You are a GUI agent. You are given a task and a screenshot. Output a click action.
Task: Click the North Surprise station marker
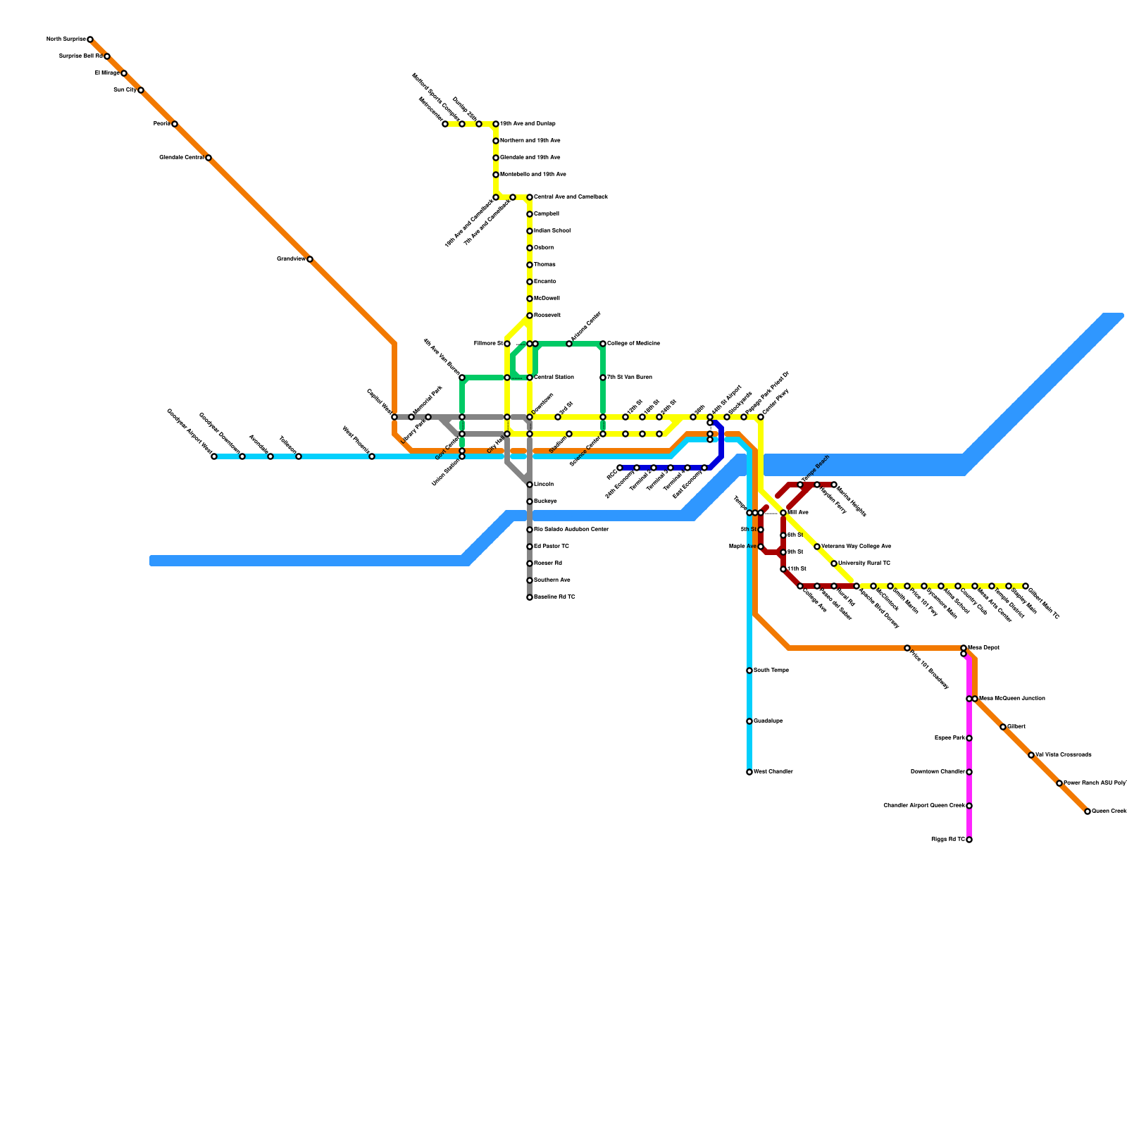90,39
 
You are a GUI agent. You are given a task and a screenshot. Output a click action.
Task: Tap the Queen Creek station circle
1088,811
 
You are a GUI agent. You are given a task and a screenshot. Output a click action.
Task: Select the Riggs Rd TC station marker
969,840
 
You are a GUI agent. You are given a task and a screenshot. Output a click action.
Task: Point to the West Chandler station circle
749,772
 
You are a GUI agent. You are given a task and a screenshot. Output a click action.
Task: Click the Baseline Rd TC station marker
530,597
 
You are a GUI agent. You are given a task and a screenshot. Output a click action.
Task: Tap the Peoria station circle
175,124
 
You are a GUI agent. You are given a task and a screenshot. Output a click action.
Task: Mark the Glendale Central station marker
208,158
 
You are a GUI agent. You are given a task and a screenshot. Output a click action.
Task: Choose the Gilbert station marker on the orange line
1003,727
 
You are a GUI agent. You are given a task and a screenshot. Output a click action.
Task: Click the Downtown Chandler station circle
969,772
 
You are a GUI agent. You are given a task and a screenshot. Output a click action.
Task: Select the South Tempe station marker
749,671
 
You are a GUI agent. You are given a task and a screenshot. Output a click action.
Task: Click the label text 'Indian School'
552,231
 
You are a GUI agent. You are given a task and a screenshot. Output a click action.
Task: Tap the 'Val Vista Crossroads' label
1064,755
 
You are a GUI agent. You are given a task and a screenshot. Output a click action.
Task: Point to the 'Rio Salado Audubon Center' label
571,530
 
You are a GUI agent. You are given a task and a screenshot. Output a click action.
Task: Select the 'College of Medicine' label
634,344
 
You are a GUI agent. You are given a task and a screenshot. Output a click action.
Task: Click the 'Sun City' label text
125,90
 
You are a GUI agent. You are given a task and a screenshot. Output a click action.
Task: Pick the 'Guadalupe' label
768,721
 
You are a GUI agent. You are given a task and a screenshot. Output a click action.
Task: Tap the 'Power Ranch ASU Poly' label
1095,783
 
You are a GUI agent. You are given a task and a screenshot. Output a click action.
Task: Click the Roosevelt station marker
530,316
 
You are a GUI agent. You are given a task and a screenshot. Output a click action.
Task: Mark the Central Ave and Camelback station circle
530,197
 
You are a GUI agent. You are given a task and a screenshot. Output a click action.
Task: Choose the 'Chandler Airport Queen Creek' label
924,806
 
